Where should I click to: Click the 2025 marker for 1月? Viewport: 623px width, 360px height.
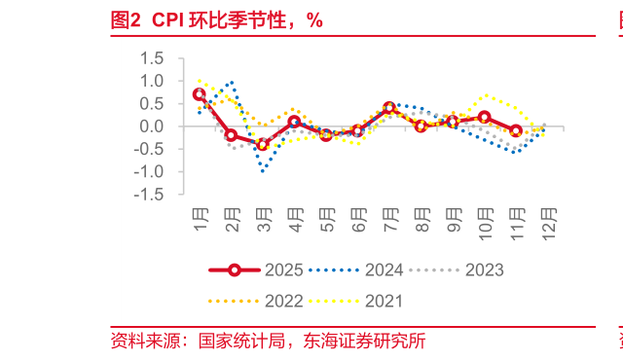(x=200, y=94)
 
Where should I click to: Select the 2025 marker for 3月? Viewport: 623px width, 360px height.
(x=263, y=145)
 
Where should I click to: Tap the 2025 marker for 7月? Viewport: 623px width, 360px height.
(x=389, y=107)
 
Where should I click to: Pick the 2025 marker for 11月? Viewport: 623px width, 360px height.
(x=516, y=130)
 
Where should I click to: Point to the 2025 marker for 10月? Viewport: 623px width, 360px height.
(x=484, y=118)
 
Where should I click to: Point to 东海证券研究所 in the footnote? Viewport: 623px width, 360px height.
(x=364, y=341)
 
